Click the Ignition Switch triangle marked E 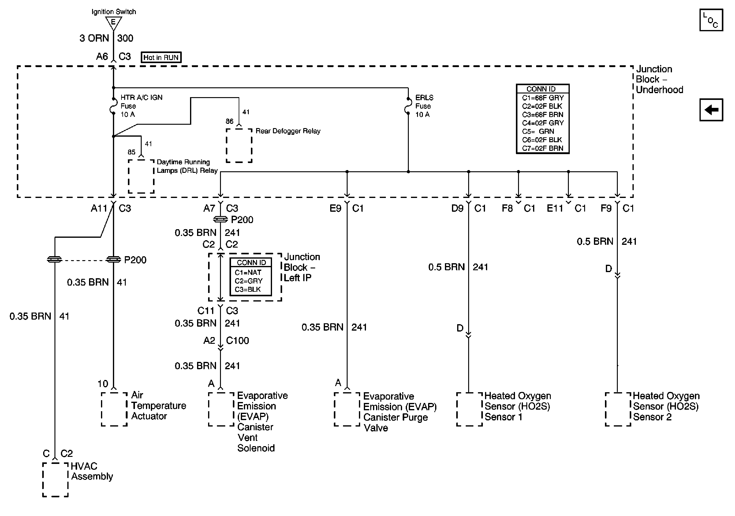pos(113,22)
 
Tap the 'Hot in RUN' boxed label pos(161,57)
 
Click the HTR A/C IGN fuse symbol pos(113,106)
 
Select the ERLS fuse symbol pos(408,106)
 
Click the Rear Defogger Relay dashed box pos(239,146)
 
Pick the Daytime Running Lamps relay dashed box pos(141,176)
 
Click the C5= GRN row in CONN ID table pos(542,131)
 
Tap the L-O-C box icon pos(711,20)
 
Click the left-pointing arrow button pos(711,110)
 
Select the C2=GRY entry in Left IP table pos(248,281)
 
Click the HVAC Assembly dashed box pos(55,480)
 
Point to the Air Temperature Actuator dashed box pos(114,409)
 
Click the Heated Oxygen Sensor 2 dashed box pos(618,409)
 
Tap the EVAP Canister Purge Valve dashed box pos(347,409)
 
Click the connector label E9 pos(335,209)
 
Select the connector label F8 pos(507,209)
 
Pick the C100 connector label pos(237,341)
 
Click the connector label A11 pos(99,209)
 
